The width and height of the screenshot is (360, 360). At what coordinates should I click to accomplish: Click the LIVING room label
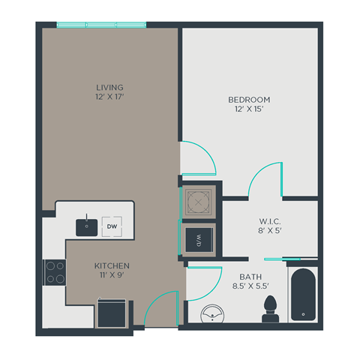[x=109, y=88]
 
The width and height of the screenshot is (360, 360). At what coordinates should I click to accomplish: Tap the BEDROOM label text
[x=249, y=100]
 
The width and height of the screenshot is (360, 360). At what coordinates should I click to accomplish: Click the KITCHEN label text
[x=112, y=266]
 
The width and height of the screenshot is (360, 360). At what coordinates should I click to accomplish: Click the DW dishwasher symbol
[x=112, y=225]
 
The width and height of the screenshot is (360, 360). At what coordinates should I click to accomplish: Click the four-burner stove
[x=54, y=271]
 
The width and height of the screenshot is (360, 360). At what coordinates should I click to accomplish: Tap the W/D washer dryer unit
[x=199, y=240]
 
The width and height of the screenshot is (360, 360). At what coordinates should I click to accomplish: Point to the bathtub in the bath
[x=303, y=295]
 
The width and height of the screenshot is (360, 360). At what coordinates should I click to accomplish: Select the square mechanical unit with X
[x=199, y=202]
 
